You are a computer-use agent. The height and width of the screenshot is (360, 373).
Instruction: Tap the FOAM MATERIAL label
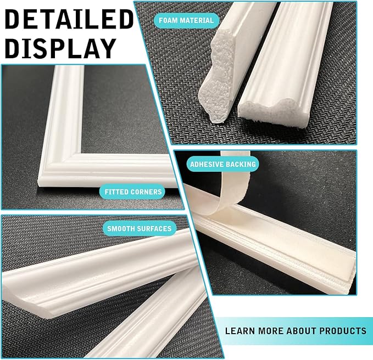point(186,21)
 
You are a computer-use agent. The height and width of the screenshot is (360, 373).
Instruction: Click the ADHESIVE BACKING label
point(222,164)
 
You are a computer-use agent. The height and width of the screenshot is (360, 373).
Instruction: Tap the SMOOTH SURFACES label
point(139,228)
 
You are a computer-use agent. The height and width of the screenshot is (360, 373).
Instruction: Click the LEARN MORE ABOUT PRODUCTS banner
point(295,331)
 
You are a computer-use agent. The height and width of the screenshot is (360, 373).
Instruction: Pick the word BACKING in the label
point(239,164)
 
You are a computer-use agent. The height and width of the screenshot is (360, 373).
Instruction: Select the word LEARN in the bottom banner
point(239,331)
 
